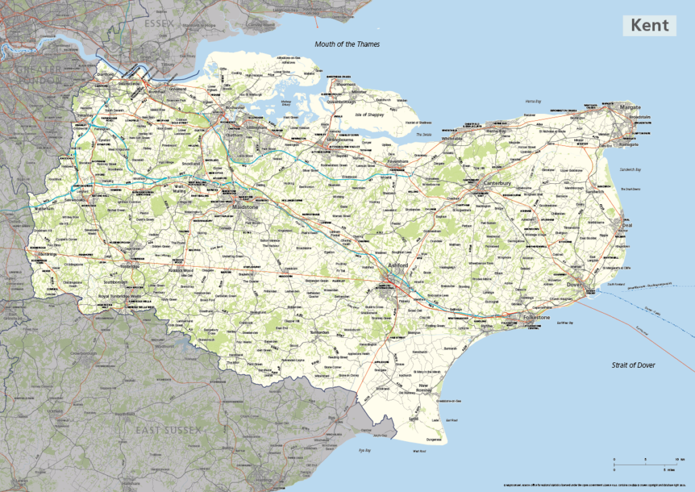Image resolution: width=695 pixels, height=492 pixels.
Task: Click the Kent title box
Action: pos(650,26)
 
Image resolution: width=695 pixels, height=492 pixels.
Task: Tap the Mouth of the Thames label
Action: pos(347,44)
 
